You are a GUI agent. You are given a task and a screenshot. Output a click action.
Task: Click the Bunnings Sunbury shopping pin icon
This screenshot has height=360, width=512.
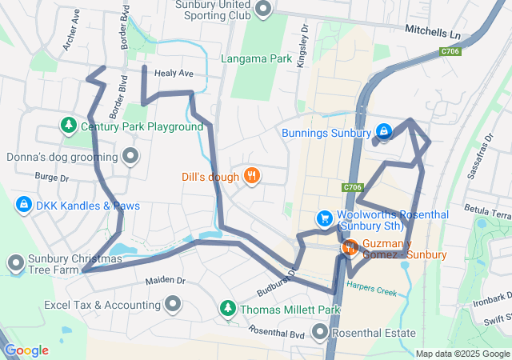point(383,131)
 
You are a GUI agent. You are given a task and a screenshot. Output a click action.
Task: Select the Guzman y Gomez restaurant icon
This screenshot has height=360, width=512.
point(350,248)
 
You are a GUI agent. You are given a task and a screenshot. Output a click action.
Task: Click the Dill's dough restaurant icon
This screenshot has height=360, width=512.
point(251,175)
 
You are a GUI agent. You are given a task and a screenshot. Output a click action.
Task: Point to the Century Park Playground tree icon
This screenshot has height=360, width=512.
point(69,126)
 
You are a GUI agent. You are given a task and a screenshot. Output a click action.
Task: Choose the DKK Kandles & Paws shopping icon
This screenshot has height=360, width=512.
point(23,206)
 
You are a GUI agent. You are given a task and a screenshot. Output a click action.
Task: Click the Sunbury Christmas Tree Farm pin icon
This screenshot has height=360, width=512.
point(15,263)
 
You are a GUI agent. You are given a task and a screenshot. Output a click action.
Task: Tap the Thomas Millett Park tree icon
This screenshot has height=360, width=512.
point(228,309)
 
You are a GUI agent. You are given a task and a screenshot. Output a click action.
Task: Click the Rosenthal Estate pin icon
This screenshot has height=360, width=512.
point(321,332)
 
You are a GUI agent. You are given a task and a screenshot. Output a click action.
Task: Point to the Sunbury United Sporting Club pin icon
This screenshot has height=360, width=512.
point(263,9)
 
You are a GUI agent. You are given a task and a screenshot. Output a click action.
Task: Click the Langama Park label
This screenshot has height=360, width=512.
point(258,58)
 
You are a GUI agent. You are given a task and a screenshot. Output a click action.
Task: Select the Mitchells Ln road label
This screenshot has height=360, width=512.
point(433,34)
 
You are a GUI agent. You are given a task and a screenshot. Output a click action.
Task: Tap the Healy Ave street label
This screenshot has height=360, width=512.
point(174,73)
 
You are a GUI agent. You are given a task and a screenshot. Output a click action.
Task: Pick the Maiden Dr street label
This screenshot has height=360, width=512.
point(166,281)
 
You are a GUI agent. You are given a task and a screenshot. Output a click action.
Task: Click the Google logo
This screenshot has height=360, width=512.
point(26,350)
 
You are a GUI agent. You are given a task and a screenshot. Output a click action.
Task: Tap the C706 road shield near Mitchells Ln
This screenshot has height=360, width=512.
point(450,51)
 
